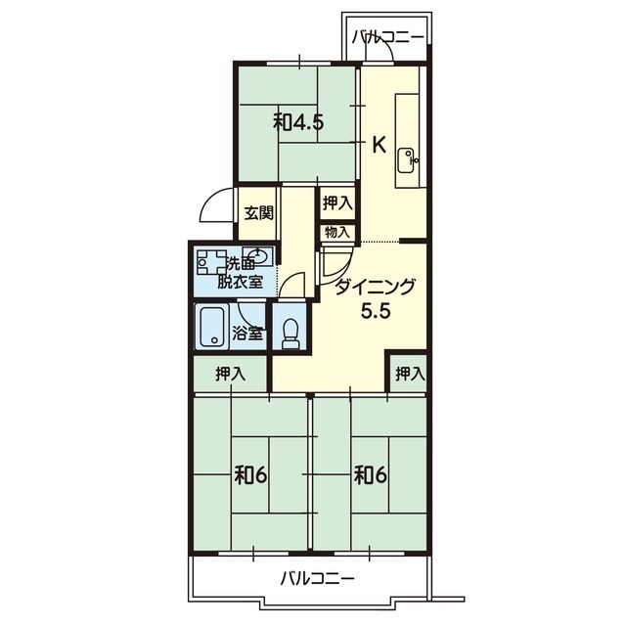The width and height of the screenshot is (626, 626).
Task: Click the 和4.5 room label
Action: coord(297,123)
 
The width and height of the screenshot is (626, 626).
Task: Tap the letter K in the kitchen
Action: coord(379,145)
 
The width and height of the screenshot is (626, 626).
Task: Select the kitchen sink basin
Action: coord(407,160)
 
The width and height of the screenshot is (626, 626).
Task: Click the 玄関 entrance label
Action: coord(258,213)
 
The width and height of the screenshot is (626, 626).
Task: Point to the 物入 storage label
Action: coord(337,232)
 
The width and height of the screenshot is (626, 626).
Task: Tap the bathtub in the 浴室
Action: coord(213,328)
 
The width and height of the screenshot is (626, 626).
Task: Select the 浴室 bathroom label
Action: coord(247,334)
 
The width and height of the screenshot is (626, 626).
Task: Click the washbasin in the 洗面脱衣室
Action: coord(257,256)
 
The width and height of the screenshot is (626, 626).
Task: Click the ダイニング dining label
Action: coord(375,287)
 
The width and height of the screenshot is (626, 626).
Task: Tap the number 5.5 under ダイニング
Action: coord(375,311)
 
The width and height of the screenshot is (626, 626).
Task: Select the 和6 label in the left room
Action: coord(250,474)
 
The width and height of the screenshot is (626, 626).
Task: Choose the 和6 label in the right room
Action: coord(371,474)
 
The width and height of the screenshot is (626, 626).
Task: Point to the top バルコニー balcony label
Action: coord(387,38)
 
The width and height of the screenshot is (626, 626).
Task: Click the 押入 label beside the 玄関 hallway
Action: coord(337,203)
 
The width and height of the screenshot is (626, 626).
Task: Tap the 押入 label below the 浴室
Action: coord(231,374)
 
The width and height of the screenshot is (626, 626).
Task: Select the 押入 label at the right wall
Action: coord(410,374)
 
